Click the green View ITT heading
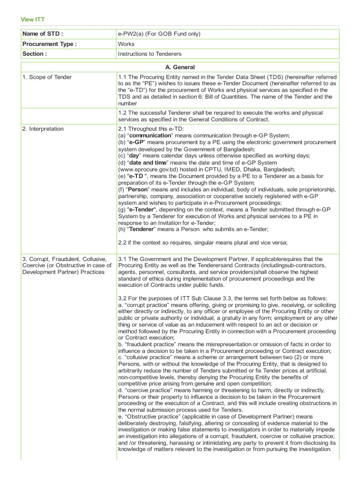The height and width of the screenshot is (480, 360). pyautogui.click(x=33, y=19)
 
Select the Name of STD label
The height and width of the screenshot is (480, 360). pyautogui.click(x=43, y=34)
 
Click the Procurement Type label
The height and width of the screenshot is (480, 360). pyautogui.click(x=50, y=44)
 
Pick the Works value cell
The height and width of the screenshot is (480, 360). pyautogui.click(x=127, y=44)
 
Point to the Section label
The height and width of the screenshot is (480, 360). pyautogui.click(x=35, y=54)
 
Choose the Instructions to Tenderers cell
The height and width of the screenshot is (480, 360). pyautogui.click(x=150, y=54)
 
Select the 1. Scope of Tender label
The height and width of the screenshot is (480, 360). pyautogui.click(x=47, y=77)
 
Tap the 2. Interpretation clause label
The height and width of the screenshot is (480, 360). pyautogui.click(x=43, y=129)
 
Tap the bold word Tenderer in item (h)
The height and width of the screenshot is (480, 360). pyautogui.click(x=143, y=229)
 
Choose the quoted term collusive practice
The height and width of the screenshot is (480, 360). pyautogui.click(x=150, y=358)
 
